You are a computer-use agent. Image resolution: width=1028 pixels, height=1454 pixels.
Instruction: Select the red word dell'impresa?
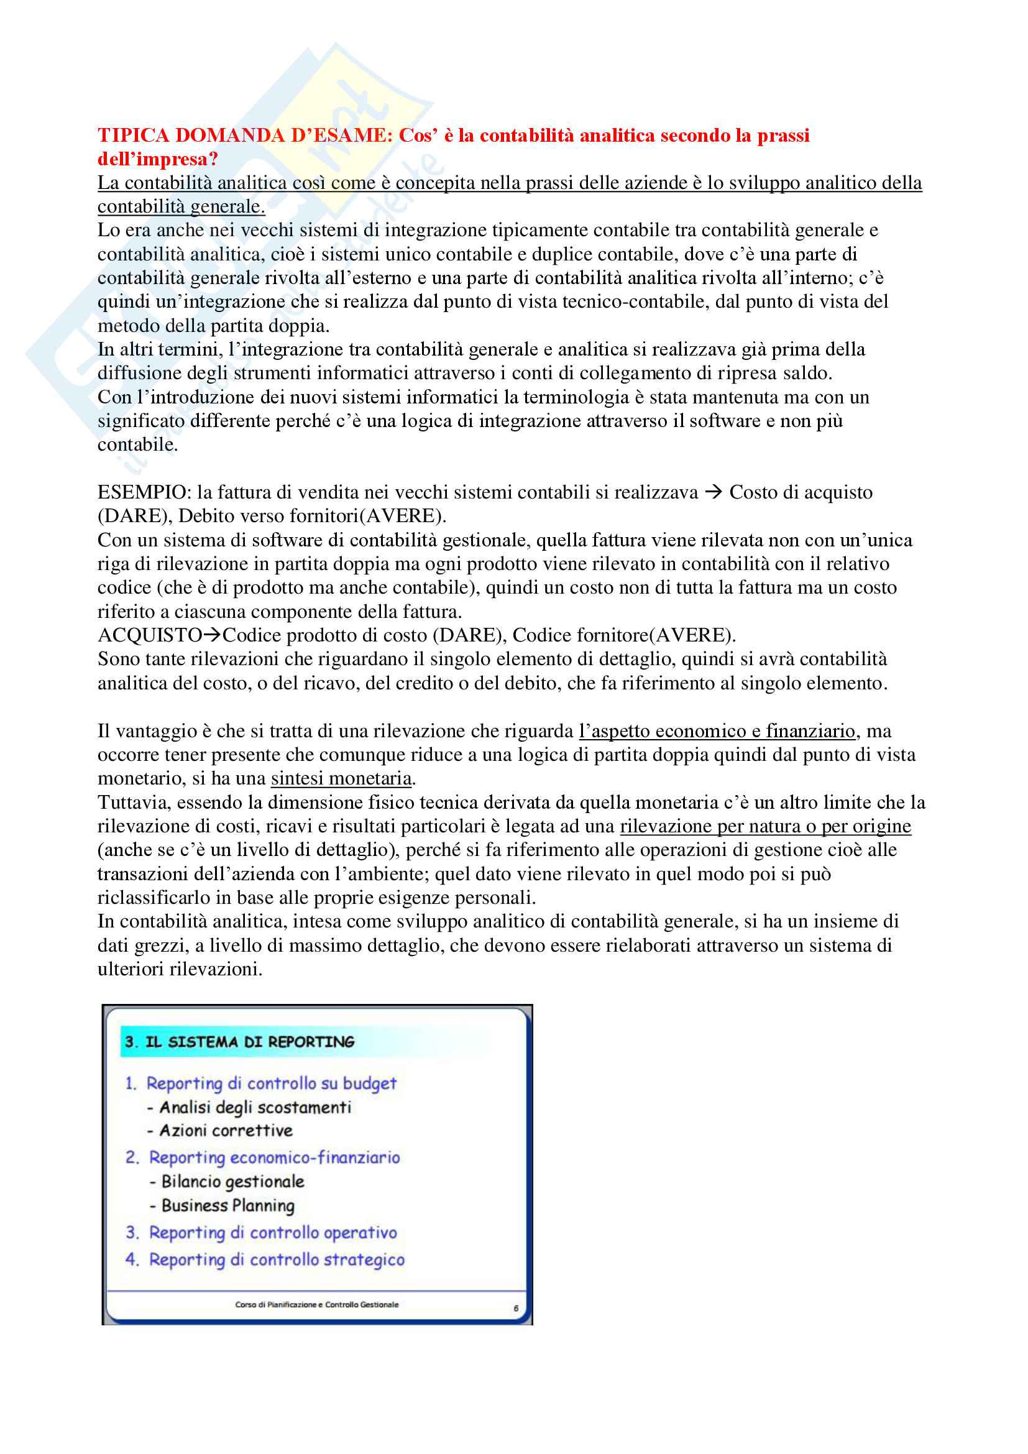[158, 159]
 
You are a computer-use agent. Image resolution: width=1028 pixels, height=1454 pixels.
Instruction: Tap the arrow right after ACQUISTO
[212, 635]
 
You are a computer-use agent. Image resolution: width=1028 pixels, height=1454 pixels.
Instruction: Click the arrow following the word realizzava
[714, 493]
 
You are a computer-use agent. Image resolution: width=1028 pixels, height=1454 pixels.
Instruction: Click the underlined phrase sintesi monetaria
[341, 778]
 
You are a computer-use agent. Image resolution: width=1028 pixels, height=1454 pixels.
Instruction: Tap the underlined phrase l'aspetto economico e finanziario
[717, 732]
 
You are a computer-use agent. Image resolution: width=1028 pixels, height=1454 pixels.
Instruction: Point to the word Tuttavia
[134, 803]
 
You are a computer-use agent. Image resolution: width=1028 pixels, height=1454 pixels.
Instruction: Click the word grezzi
[164, 946]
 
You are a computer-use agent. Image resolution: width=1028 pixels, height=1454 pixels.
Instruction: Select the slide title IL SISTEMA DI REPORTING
[249, 1042]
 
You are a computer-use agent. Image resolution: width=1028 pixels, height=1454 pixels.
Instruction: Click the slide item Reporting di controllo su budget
[271, 1084]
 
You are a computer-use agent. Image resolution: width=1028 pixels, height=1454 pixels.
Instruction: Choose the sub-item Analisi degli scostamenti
[254, 1108]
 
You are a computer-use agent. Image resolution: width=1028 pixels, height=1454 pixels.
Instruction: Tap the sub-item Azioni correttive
[226, 1131]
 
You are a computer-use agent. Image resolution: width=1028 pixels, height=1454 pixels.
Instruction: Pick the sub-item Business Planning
[228, 1206]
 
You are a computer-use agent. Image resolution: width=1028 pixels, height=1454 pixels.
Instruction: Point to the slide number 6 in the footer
[516, 1309]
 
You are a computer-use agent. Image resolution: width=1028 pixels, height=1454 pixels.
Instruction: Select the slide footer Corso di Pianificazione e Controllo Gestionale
[316, 1305]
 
